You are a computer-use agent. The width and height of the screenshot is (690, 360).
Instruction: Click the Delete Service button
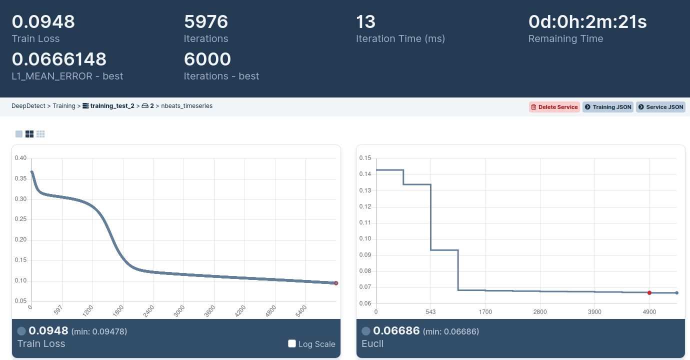click(x=554, y=107)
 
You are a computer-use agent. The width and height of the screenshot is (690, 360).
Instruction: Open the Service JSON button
click(x=660, y=107)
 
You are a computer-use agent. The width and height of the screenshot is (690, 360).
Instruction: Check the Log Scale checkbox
click(x=292, y=343)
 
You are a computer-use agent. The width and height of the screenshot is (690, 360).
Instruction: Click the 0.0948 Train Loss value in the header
click(x=43, y=22)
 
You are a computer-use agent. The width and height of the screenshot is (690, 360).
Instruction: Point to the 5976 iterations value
click(x=206, y=22)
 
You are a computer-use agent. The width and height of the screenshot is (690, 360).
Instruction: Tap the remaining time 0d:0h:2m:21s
click(x=587, y=22)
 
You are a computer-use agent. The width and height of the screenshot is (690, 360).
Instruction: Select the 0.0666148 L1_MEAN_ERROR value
click(x=59, y=59)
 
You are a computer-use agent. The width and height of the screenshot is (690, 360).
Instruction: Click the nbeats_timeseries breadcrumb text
click(x=186, y=106)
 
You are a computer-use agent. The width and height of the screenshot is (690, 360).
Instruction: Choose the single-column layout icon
click(x=19, y=134)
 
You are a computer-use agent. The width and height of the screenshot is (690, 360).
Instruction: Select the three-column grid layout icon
click(x=40, y=134)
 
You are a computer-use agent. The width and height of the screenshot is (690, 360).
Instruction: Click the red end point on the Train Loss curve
click(x=336, y=283)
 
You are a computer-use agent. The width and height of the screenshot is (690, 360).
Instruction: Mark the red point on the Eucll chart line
click(x=649, y=292)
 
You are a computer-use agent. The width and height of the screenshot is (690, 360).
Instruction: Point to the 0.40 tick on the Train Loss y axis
click(x=20, y=158)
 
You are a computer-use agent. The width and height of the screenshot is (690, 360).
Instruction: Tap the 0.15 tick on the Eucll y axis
click(x=365, y=158)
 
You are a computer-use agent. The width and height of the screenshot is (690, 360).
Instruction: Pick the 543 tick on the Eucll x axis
click(x=430, y=312)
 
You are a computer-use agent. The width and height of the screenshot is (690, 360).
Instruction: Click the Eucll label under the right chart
click(x=372, y=343)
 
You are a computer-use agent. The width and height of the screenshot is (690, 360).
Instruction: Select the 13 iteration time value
click(x=365, y=22)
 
